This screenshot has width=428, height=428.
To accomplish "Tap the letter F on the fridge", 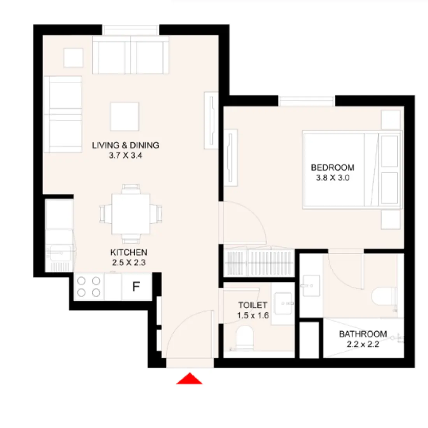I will coord(136,287).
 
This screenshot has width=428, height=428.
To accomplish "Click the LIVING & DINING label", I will coord(126,145).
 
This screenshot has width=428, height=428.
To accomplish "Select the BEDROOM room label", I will coord(333,168).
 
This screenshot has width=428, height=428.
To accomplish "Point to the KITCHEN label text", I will coord(129,253).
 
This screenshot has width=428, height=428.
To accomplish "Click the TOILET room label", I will coord(253,305).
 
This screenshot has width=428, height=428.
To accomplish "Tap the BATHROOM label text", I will coord(363,334).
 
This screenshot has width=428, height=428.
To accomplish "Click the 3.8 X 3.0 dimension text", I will coord(333,178).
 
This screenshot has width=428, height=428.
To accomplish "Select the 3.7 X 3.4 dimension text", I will coord(126,155).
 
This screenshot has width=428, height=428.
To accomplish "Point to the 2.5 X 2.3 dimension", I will coord(129,263).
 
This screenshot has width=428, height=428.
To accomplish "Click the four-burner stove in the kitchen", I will coord(88,286).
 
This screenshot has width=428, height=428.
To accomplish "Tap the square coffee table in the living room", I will coord(125,116).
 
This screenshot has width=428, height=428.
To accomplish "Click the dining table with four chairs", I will coord(131,214).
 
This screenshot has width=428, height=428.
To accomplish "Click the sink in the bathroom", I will coord(311,286).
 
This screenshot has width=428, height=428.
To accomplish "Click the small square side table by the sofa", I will coord(73,58).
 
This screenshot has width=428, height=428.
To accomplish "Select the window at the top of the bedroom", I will coord(306,101).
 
